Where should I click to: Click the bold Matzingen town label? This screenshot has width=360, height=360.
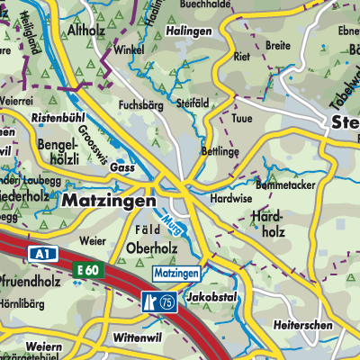pyautogui.click(x=109, y=203)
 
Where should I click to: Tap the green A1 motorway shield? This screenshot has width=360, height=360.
pyautogui.click(x=40, y=255)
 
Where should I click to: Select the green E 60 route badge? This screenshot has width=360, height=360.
pyautogui.click(x=87, y=270)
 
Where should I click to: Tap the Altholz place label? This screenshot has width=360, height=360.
pyautogui.click(x=87, y=29)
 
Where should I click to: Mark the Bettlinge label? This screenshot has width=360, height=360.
pyautogui.click(x=221, y=150)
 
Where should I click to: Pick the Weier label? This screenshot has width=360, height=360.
pyautogui.click(x=93, y=241)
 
